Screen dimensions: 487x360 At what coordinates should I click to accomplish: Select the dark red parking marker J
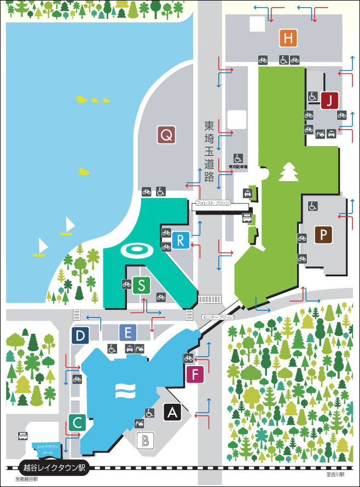click(330, 100)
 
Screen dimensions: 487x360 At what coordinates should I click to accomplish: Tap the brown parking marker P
click(324, 235)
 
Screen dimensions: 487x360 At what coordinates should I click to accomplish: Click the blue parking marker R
click(182, 240)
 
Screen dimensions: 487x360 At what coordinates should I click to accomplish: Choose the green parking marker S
click(142, 285)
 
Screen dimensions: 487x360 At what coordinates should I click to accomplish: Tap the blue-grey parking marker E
click(127, 332)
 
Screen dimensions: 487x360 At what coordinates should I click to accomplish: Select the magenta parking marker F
click(195, 375)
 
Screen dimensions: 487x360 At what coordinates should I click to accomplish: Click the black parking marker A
click(173, 412)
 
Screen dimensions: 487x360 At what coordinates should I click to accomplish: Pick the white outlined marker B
click(146, 439)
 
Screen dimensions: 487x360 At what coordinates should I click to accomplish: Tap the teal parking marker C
click(78, 422)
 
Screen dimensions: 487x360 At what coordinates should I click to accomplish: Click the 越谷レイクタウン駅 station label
click(54, 468)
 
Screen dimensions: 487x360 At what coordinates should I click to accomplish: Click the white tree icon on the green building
click(287, 172)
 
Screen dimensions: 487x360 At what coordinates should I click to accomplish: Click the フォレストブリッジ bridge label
click(213, 203)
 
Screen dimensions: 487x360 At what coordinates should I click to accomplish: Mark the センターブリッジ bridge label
click(217, 317)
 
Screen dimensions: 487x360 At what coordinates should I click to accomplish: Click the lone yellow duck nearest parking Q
click(84, 172)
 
